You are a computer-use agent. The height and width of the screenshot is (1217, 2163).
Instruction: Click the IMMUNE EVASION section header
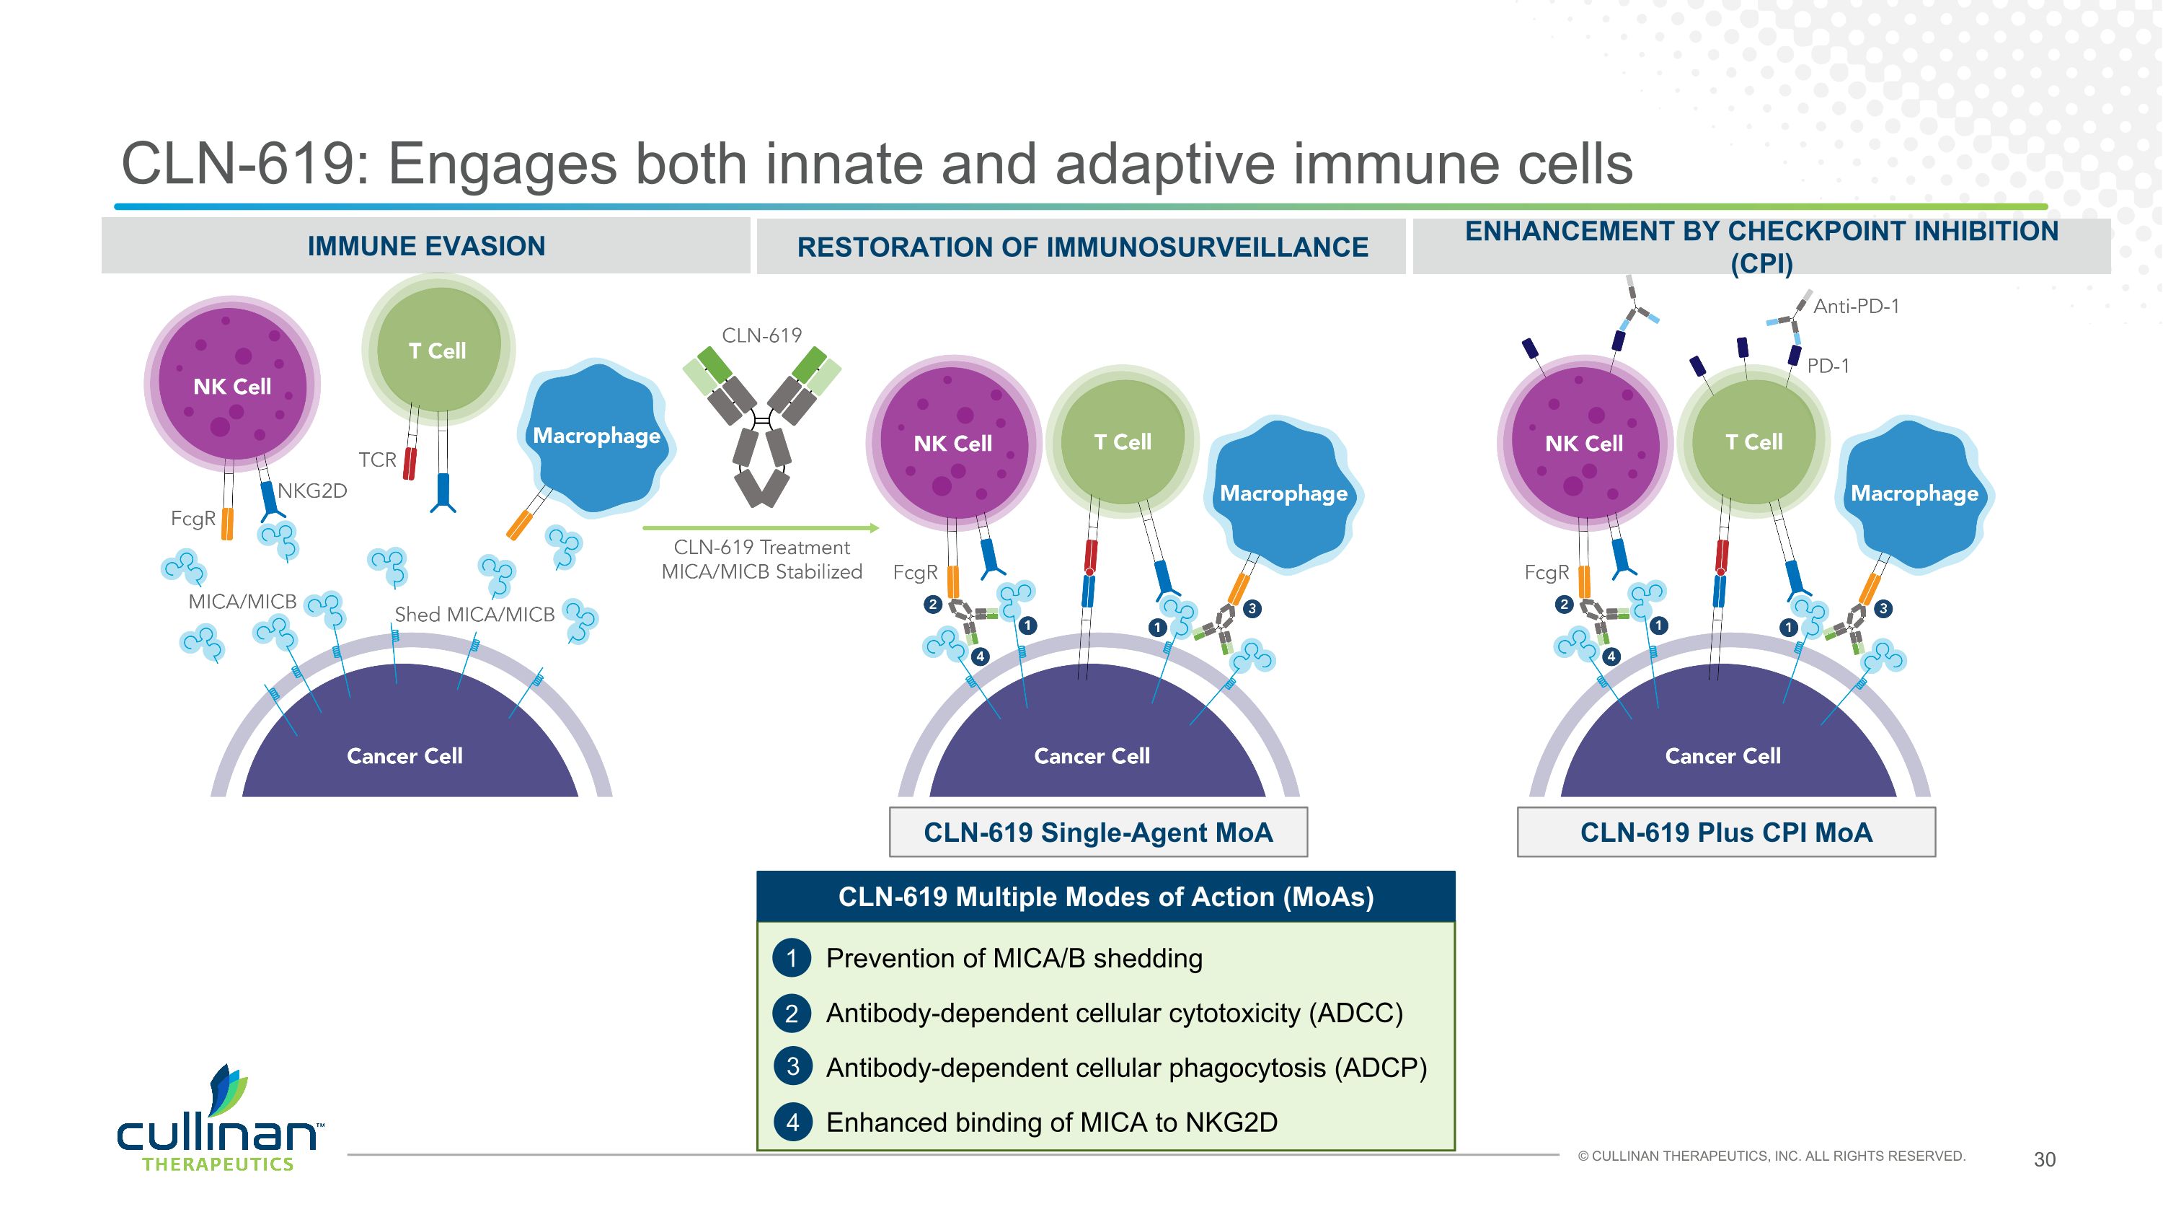pyautogui.click(x=425, y=246)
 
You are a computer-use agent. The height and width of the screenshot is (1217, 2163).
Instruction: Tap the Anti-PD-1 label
pyautogui.click(x=1856, y=307)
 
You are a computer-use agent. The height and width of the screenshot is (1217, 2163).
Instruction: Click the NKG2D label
pyautogui.click(x=312, y=491)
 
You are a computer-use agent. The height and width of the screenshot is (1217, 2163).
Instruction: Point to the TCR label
pyautogui.click(x=377, y=460)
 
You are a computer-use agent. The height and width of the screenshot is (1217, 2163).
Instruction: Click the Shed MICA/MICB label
pyautogui.click(x=474, y=615)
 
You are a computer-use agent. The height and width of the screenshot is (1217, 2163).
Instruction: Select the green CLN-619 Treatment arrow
pyautogui.click(x=761, y=528)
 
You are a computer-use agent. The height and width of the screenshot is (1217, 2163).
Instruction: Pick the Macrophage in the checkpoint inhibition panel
pyautogui.click(x=1914, y=494)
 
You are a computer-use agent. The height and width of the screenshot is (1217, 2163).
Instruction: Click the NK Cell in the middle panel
pyautogui.click(x=953, y=443)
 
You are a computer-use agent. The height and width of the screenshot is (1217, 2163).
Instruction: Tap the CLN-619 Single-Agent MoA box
pyautogui.click(x=1097, y=832)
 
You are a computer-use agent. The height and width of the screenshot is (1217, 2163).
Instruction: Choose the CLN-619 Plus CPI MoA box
pyautogui.click(x=1725, y=832)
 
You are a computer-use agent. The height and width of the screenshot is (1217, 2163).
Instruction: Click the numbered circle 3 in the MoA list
pyautogui.click(x=792, y=1068)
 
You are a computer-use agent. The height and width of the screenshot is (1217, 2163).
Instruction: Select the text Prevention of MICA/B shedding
pyautogui.click(x=1014, y=958)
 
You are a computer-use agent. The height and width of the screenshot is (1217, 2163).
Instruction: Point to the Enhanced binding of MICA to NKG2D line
pyautogui.click(x=1051, y=1122)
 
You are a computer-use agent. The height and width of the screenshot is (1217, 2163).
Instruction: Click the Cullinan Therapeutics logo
pyautogui.click(x=218, y=1121)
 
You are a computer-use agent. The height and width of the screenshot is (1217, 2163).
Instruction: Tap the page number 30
pyautogui.click(x=2044, y=1160)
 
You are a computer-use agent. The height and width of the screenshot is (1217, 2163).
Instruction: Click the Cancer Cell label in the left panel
pyautogui.click(x=404, y=756)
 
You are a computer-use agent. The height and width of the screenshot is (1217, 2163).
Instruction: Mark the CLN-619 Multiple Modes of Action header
pyautogui.click(x=1105, y=897)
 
